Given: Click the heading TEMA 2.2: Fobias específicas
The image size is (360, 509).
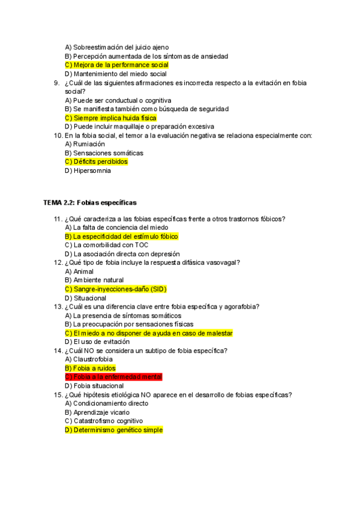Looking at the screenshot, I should tap(90, 203).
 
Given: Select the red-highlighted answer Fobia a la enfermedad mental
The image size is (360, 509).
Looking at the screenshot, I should tap(113, 377).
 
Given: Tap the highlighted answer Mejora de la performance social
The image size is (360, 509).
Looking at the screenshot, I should tap(116, 65).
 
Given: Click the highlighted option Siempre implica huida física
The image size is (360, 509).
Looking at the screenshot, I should tap(110, 118).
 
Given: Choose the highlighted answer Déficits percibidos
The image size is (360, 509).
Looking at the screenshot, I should tap(96, 161).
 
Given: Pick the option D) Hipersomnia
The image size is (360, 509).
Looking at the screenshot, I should tap(88, 170).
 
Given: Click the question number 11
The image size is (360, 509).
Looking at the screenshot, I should tap(58, 219).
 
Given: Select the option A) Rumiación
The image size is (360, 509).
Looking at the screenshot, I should tap(85, 144).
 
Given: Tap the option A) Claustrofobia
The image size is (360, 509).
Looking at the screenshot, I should tap(89, 360).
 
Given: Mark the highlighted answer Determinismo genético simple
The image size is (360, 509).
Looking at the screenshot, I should tap(113, 430).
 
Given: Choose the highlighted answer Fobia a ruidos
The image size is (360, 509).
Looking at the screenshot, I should tap(90, 368).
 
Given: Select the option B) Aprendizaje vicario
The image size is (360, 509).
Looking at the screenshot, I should tap(98, 412).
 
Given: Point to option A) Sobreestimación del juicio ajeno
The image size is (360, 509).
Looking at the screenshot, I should tap(116, 47).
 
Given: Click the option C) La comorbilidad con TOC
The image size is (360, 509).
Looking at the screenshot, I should tap(106, 245).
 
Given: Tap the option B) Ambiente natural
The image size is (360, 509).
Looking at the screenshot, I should tap(94, 280).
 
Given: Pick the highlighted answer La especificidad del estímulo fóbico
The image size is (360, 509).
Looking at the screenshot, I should tap(121, 236).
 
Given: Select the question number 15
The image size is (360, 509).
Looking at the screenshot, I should tap(58, 395).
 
